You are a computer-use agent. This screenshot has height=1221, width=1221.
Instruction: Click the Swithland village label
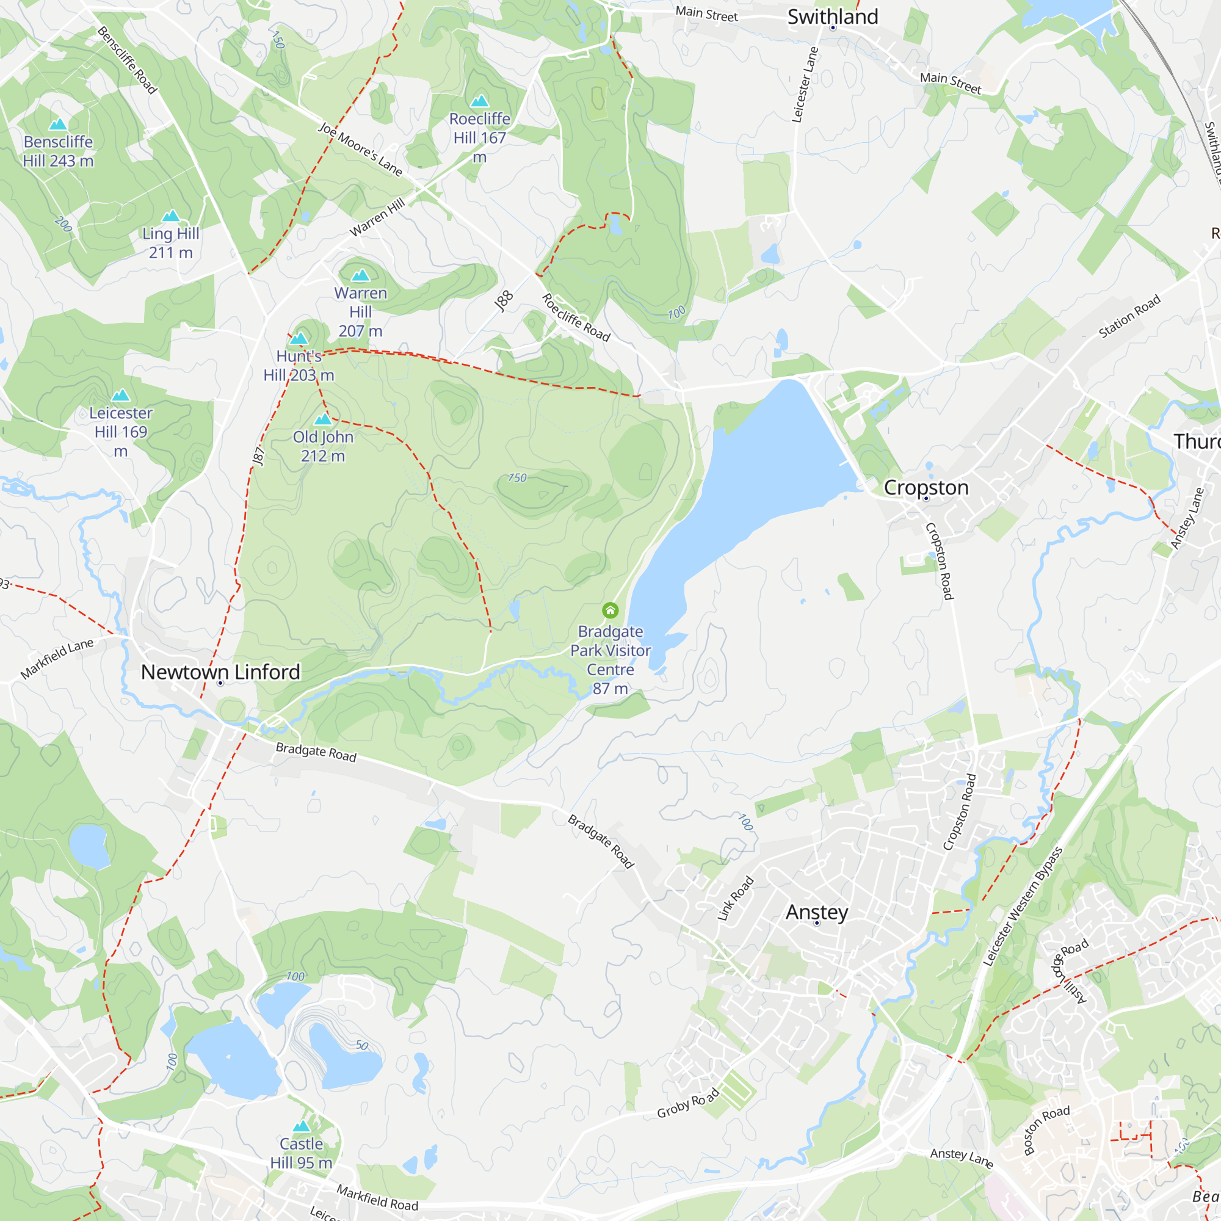(832, 17)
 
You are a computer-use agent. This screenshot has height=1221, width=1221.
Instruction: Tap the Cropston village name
(926, 487)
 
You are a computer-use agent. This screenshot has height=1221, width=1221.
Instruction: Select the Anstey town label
(816, 912)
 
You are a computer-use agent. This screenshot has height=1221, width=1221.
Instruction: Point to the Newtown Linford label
(220, 672)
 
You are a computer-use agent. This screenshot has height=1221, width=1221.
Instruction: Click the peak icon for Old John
(323, 418)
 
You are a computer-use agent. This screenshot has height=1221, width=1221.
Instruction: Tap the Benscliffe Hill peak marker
(58, 124)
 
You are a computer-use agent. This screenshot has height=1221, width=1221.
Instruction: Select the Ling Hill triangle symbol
(171, 216)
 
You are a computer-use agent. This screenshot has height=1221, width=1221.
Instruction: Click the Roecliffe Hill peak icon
(480, 101)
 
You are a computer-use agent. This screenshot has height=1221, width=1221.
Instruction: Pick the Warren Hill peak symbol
(360, 275)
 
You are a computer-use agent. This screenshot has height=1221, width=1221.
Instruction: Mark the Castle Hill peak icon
(302, 1126)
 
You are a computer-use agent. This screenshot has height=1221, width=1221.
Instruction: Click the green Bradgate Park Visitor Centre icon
(610, 610)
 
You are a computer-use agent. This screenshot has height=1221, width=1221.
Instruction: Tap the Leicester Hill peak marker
(121, 396)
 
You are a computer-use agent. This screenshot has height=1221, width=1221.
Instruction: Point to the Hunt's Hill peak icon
(299, 338)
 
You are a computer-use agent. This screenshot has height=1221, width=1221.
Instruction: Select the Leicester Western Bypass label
(1023, 905)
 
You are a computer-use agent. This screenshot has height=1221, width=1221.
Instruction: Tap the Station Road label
(1129, 316)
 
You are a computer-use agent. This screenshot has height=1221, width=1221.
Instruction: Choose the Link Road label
(736, 897)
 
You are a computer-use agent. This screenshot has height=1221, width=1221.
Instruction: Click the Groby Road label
(687, 1103)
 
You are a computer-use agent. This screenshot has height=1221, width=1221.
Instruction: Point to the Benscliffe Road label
(127, 60)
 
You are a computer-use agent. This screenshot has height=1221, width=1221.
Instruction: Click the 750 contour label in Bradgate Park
(517, 478)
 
